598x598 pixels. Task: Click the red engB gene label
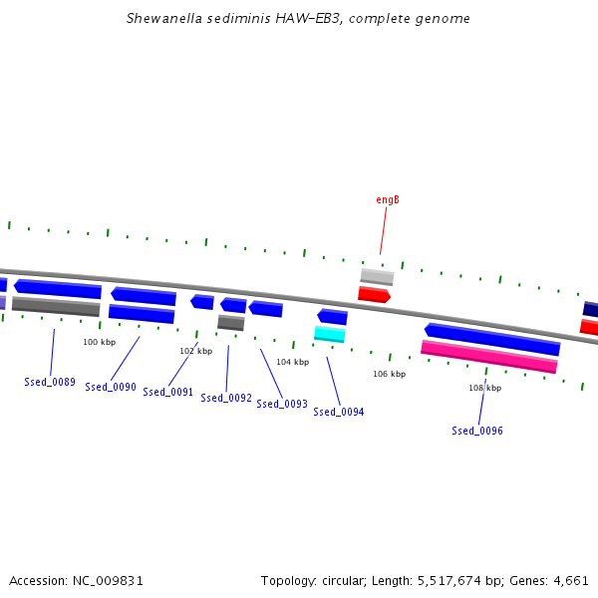coord(388,199)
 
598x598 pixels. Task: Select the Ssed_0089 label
coord(50,382)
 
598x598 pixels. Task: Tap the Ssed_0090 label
coord(111,387)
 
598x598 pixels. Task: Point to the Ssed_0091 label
coord(167,392)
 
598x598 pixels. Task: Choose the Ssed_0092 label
coord(226,398)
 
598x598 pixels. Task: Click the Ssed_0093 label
coord(282,404)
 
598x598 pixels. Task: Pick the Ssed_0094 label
coord(339,412)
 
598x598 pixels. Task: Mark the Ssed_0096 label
coord(477,431)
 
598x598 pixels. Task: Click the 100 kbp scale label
coord(99,342)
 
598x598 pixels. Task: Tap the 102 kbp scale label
coord(196,351)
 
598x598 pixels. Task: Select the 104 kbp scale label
coord(292,362)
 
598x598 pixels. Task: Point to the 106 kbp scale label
coord(390,374)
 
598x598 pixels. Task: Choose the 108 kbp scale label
coord(485,388)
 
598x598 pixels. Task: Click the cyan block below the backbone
coord(330,334)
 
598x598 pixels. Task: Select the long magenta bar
coord(489,357)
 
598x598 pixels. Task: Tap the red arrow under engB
coord(374,294)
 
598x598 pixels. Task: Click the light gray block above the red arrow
coord(377,277)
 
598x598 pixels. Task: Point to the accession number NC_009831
coord(108,581)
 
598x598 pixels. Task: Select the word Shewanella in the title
coord(164,18)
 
